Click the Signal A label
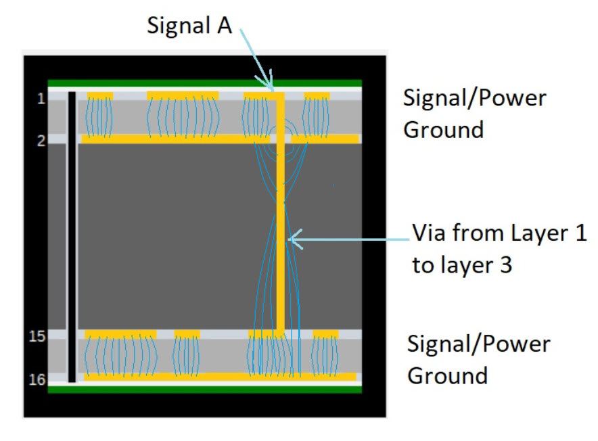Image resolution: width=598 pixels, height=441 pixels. pyautogui.click(x=189, y=26)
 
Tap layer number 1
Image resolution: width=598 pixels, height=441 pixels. pyautogui.click(x=41, y=99)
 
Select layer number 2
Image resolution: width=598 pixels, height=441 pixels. pyautogui.click(x=41, y=141)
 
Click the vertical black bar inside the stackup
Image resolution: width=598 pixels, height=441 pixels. pyautogui.click(x=72, y=237)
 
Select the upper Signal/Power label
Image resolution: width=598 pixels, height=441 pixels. pyautogui.click(x=474, y=98)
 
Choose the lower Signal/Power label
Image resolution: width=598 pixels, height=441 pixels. pyautogui.click(x=478, y=344)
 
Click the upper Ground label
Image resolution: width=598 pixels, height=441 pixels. pyautogui.click(x=443, y=129)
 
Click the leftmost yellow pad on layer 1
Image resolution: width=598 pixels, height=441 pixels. pyautogui.click(x=100, y=95)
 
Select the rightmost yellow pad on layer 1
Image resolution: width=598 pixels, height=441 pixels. pyautogui.click(x=317, y=95)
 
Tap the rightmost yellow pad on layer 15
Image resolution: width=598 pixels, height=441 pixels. pyautogui.click(x=326, y=333)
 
